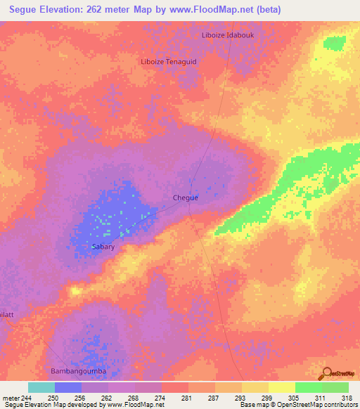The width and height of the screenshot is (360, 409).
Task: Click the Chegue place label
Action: (x=186, y=197)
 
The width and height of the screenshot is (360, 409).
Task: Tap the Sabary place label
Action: (x=103, y=247)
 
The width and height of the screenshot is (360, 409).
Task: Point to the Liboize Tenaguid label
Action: (x=169, y=61)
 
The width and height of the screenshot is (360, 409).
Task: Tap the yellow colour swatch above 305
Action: (x=281, y=387)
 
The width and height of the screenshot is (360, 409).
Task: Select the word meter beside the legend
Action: (x=12, y=398)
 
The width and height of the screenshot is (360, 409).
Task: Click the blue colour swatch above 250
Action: (x=68, y=387)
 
